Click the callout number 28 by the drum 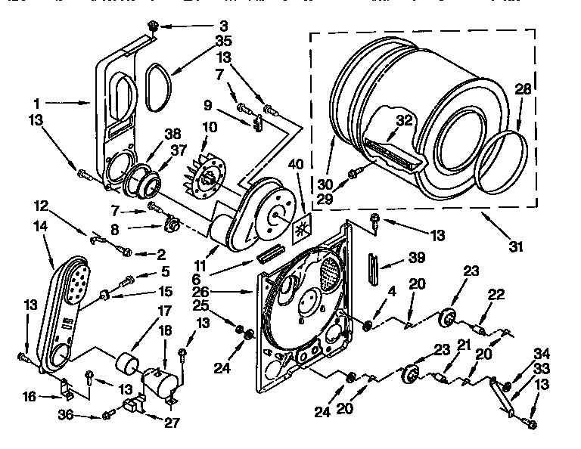(x=524, y=90)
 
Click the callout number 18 (x=165, y=330)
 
